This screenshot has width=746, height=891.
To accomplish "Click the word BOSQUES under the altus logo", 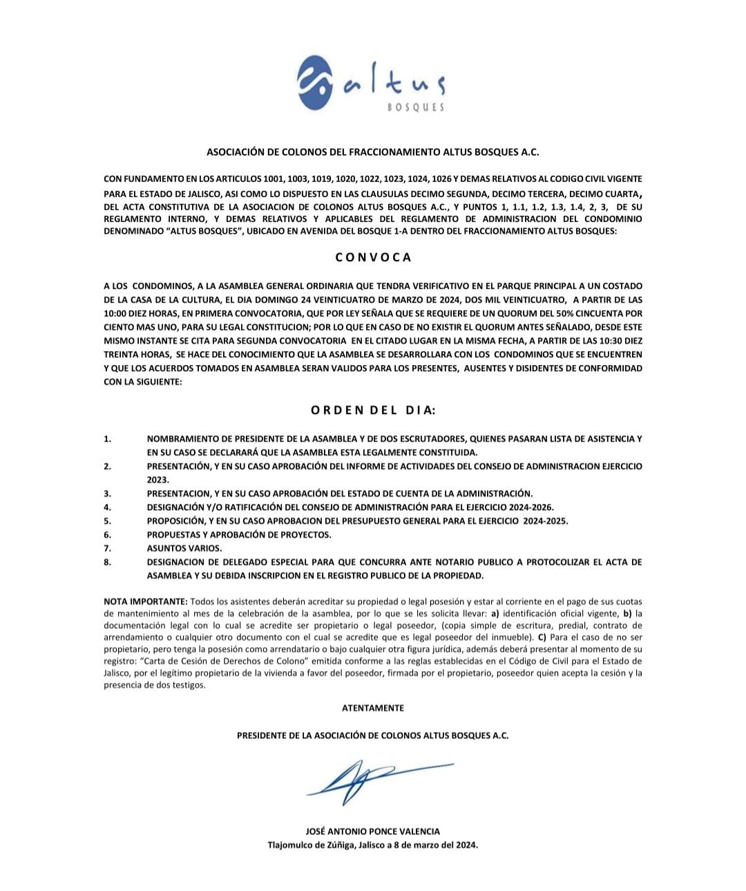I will tap(415, 107).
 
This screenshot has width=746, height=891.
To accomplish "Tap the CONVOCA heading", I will tap(373, 257).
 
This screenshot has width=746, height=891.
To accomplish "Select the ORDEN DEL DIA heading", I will tap(373, 410).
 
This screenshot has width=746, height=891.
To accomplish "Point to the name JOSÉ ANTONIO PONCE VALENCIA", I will tap(372, 832).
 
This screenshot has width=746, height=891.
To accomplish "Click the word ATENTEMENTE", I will tap(373, 708).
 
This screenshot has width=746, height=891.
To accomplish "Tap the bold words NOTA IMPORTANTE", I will tap(145, 602).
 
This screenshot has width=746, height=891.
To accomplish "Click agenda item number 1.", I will tap(107, 439).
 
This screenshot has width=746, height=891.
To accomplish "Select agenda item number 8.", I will tap(107, 562).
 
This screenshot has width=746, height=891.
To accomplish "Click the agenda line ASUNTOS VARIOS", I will tap(184, 548).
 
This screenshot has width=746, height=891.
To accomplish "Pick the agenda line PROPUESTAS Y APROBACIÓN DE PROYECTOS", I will tap(239, 534).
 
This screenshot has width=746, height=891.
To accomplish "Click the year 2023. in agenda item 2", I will tap(157, 480).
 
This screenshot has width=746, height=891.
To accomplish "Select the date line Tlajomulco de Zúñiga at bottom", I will tap(372, 845).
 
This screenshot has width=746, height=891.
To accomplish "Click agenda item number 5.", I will tap(107, 521).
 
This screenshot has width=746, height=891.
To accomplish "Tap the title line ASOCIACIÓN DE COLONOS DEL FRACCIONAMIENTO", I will tap(373, 151).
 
